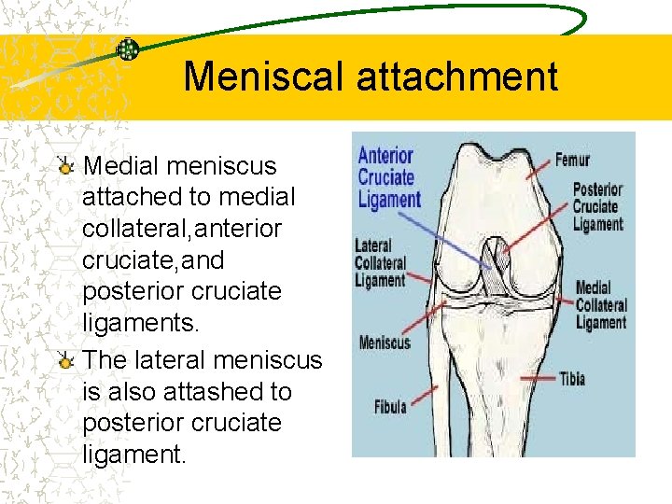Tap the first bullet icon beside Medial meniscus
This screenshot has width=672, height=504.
[65, 166]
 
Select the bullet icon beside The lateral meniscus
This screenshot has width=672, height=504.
[65, 360]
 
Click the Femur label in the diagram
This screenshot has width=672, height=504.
[572, 160]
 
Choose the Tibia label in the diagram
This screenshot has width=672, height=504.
[571, 378]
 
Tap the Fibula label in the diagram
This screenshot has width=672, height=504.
[390, 408]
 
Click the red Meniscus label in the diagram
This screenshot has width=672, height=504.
[383, 343]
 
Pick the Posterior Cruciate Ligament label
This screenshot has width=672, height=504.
[597, 206]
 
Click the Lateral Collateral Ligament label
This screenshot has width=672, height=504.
[380, 263]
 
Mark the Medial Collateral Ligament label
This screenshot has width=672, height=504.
[601, 305]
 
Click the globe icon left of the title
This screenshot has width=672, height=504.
[128, 49]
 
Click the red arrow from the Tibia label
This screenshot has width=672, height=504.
[532, 376]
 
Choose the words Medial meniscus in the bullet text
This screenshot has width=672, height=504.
[180, 166]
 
